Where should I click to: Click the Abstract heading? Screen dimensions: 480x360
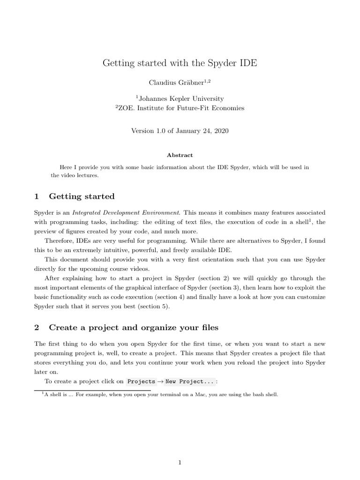180,155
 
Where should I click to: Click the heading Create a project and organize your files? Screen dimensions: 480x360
134,327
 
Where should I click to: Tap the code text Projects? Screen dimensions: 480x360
141,381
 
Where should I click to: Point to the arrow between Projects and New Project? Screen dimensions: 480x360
160,381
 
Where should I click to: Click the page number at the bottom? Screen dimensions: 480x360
180,450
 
